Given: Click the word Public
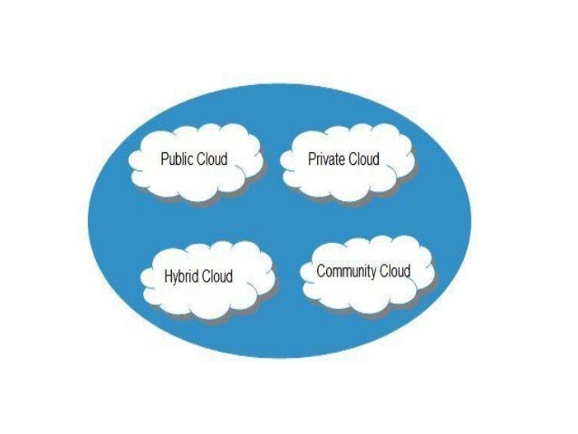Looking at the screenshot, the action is (177, 159).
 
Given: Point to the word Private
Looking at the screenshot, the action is (326, 159).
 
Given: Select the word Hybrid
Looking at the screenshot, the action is (183, 276).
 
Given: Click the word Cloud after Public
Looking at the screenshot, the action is (213, 159).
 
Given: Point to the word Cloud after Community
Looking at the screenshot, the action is (396, 271).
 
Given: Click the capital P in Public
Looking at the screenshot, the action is (164, 159).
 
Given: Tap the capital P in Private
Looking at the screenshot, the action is (312, 159).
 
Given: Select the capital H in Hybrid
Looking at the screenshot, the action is (169, 276).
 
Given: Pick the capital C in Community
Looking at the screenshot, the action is (321, 271).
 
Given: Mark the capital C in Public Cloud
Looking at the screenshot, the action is (202, 159).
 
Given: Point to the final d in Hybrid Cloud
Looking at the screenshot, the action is (229, 276).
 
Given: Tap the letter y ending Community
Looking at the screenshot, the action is (373, 273).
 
